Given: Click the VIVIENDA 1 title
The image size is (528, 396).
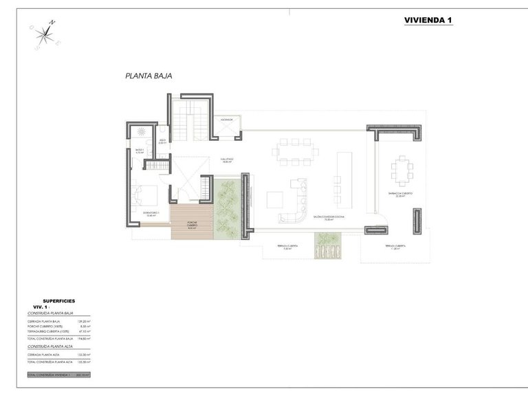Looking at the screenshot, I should (428, 21).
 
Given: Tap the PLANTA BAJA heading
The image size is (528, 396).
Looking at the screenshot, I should (148, 77).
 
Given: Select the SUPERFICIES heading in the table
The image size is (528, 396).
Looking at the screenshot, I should (59, 301).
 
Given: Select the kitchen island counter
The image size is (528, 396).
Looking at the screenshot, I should (344, 180).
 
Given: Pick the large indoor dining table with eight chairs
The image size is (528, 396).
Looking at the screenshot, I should (295, 153).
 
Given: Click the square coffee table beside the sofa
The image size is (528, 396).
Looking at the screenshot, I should (275, 199).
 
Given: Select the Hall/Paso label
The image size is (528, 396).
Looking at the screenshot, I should (227, 160).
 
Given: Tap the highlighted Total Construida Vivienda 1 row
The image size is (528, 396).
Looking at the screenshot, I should (58, 375).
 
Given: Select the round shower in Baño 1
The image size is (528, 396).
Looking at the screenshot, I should (142, 131).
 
